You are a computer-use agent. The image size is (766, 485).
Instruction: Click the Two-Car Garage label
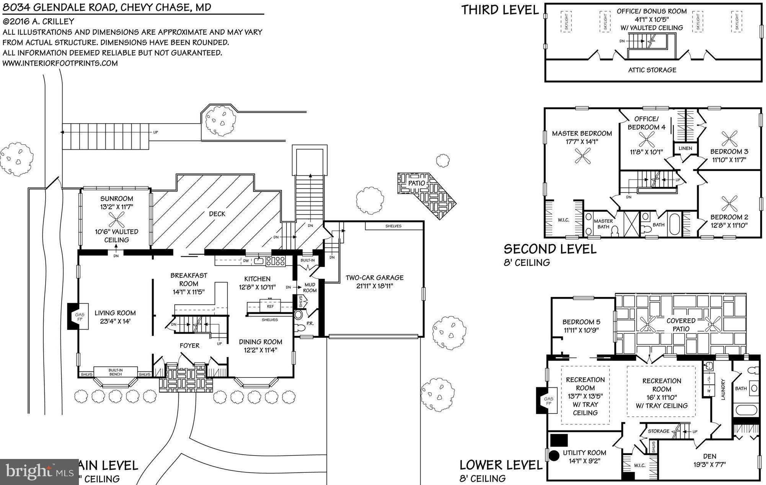374,278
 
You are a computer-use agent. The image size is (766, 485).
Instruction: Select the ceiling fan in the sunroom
116,219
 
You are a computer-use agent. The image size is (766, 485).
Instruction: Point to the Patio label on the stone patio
416,183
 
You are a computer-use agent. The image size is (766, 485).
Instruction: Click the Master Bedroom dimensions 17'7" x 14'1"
582,142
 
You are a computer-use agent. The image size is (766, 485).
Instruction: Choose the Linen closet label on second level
685,148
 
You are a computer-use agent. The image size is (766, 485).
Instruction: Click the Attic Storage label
652,70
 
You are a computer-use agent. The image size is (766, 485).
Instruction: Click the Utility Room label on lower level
584,453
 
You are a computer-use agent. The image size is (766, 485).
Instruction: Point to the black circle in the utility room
553,456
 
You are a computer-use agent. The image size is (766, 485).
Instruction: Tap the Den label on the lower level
709,456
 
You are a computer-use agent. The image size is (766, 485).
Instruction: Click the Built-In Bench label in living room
115,372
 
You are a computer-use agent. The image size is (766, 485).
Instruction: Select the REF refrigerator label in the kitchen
270,306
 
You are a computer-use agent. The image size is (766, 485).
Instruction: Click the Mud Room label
310,287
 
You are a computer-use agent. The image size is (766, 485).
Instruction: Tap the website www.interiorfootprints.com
60,63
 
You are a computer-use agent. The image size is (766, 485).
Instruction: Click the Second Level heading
550,249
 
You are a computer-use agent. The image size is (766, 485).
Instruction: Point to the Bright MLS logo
39,472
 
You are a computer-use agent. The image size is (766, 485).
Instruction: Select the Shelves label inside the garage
393,226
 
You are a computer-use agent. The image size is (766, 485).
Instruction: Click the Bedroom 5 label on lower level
581,322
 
